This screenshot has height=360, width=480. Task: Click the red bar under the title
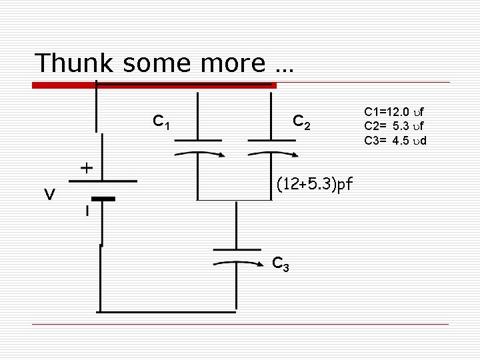tap(154, 85)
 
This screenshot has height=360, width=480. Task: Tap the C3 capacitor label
tap(281, 264)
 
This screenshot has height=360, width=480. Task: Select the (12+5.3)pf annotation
tap(315, 183)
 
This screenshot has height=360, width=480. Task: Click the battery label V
tap(49, 194)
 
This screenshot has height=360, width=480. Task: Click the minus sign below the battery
tap(87, 211)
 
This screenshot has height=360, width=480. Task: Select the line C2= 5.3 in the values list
tap(395, 125)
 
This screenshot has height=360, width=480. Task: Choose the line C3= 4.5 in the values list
tap(395, 140)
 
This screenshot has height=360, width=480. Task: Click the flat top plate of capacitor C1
tap(198, 140)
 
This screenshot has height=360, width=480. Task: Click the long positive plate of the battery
tap(103, 180)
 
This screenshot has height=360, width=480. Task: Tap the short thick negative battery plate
tap(103, 199)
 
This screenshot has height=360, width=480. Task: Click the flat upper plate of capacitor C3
tap(237, 249)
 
